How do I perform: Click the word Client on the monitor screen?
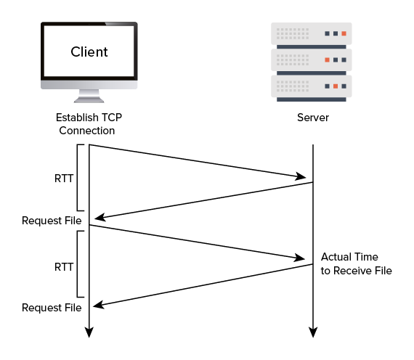tap(89, 52)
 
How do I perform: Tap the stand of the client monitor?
tap(89, 95)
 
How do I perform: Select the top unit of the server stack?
tap(313, 33)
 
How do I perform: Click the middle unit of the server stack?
tap(313, 60)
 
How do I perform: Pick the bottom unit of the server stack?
tap(313, 86)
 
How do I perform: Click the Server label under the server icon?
tap(313, 118)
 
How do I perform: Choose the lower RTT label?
tap(63, 266)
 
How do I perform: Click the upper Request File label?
tap(52, 221)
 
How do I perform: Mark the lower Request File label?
tap(52, 308)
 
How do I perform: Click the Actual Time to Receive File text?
tap(356, 264)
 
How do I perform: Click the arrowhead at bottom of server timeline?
tap(313, 332)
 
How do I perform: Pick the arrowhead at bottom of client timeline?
tap(89, 332)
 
